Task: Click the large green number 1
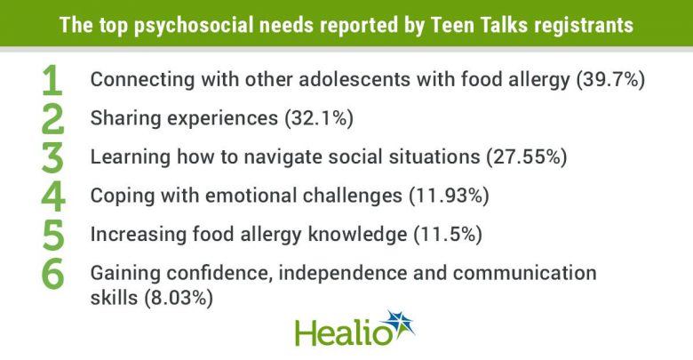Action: [52, 80]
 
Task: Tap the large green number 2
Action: [52, 119]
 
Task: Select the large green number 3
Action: [52, 158]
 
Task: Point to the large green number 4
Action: [53, 196]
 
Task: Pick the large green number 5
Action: [53, 236]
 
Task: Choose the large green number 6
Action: [53, 274]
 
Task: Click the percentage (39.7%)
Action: [610, 80]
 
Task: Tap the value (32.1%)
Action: [319, 118]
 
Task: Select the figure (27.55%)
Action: [527, 157]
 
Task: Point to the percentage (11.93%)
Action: [449, 196]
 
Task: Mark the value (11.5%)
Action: [448, 235]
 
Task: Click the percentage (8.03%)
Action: [179, 298]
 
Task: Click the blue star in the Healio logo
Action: [399, 324]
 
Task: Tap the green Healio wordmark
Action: [343, 333]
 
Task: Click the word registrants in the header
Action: [584, 26]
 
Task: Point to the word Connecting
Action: [142, 80]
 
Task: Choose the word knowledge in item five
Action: [357, 235]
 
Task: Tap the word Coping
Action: [123, 196]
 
